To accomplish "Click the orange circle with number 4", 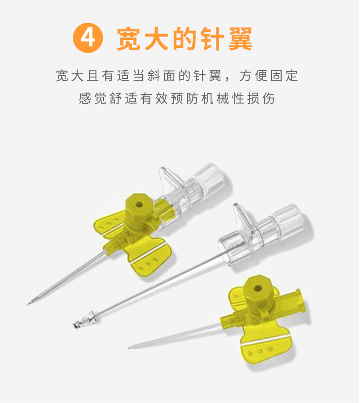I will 88,38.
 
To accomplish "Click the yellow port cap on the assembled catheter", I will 138,206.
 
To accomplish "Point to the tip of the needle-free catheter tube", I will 129,347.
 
